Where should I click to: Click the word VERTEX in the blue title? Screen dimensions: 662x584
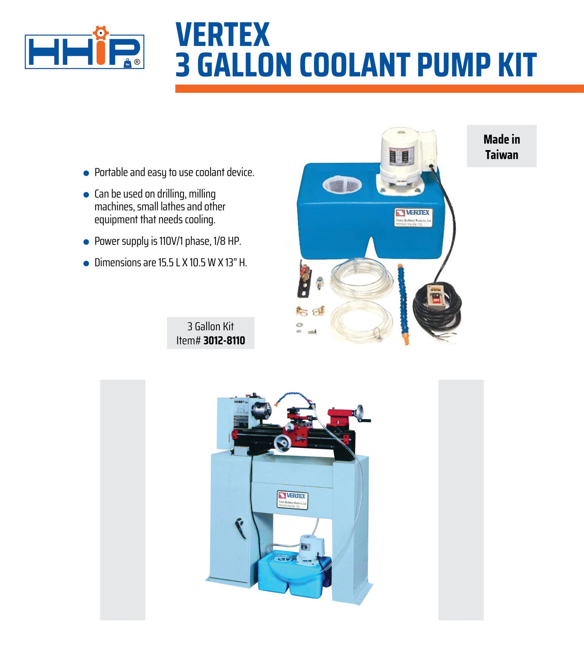click(222, 35)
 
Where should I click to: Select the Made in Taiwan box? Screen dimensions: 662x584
click(502, 146)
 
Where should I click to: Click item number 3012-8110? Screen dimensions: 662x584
click(224, 340)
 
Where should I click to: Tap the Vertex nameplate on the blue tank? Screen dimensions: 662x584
click(414, 217)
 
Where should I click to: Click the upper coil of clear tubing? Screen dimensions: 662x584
click(361, 278)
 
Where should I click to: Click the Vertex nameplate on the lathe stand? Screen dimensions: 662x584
click(292, 499)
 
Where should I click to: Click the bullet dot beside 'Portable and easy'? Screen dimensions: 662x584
click(86, 173)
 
